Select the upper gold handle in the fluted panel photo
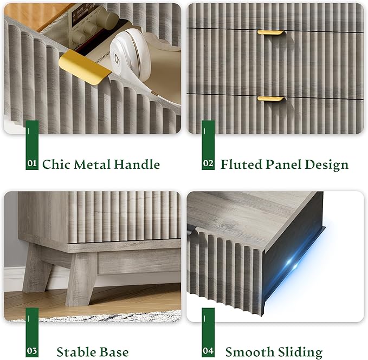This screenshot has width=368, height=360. coord(272,33)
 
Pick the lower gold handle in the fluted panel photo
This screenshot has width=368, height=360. coord(272,99)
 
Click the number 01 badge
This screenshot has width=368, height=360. coord(32,163)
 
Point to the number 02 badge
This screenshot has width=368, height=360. coord(208,163)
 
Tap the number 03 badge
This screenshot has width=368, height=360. coord(32,351)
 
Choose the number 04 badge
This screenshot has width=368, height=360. coord(208,351)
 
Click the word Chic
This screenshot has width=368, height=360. coord(56,164)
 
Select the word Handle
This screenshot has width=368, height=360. coord(137,164)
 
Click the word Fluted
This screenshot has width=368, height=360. coord(241,164)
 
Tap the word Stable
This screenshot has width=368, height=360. coord(73,352)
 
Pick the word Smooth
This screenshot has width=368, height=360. coord(249,352)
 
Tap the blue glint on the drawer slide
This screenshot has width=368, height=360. coord(292,262)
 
